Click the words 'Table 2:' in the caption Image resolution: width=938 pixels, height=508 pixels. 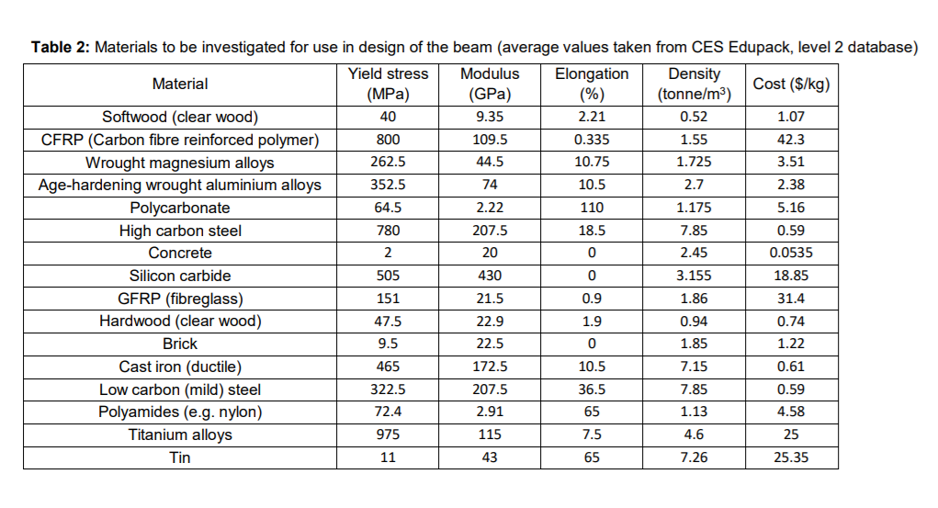(x=61, y=47)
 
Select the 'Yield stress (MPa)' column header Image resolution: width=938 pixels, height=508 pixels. (x=388, y=84)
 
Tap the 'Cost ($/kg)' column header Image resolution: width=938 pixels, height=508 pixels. (x=791, y=84)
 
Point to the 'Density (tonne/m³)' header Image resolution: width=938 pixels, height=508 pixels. (x=695, y=84)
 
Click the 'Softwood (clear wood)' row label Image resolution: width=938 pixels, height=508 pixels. (x=180, y=118)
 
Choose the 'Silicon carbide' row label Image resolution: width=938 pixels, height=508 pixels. (x=180, y=276)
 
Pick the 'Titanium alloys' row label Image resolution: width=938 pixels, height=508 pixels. (x=180, y=435)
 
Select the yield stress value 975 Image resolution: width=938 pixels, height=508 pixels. (x=388, y=435)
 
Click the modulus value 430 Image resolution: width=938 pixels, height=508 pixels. (x=490, y=276)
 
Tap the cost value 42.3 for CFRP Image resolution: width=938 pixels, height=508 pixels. (x=791, y=140)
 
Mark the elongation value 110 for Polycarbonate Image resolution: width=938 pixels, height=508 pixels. (x=592, y=208)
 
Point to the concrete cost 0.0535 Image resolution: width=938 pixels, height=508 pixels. (x=791, y=254)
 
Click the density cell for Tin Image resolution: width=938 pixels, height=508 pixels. (x=695, y=457)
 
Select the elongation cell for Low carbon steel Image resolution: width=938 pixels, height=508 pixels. (x=592, y=389)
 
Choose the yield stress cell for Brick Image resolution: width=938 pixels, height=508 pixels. (x=388, y=344)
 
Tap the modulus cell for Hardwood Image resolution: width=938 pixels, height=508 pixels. (x=490, y=322)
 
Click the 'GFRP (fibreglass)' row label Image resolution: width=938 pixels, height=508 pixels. (x=180, y=299)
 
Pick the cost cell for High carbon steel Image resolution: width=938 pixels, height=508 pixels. (x=791, y=231)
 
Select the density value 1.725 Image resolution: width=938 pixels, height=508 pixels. (x=695, y=163)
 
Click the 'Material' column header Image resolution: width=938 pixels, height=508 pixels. (x=180, y=84)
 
